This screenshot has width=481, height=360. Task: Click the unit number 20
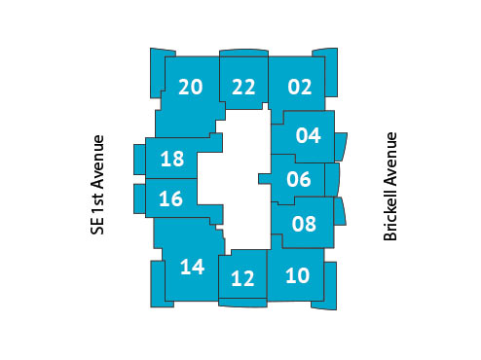[191, 87]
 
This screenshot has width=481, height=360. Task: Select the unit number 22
[243, 87]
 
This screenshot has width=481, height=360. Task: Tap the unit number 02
[300, 87]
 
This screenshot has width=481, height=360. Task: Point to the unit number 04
[308, 134]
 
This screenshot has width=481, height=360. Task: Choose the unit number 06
[299, 179]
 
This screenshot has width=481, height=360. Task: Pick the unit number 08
[304, 224]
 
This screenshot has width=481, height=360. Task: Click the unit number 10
[298, 274]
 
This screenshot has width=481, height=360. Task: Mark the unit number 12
[242, 279]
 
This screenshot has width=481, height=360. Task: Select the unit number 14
[192, 266]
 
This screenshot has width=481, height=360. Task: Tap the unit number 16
[170, 199]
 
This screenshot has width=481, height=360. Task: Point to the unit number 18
[171, 159]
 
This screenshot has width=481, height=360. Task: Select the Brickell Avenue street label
[391, 187]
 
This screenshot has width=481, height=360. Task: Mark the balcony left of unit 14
[156, 282]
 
